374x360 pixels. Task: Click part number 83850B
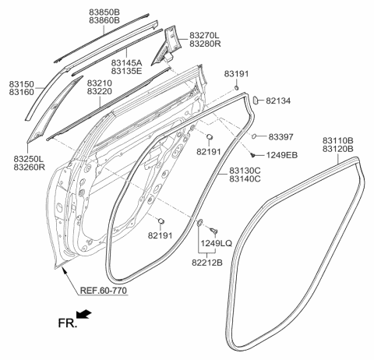104,12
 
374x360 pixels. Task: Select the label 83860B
104,22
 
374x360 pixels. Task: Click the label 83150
23,82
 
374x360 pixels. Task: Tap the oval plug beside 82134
255,99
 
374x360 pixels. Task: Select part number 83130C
245,170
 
